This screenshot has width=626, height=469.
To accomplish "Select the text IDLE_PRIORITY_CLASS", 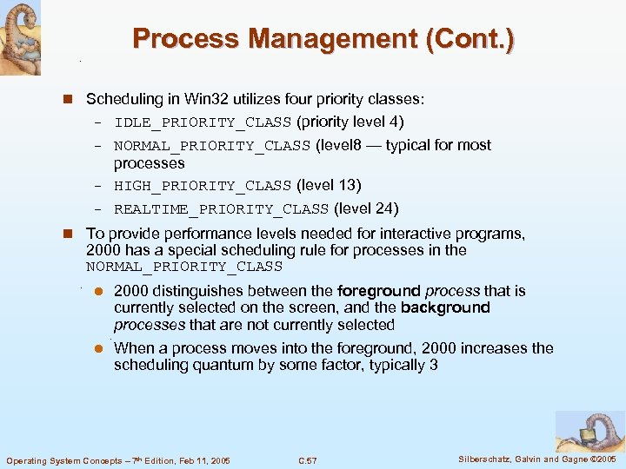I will pyautogui.click(x=202, y=122).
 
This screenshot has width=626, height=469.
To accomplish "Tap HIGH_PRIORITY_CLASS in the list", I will pyautogui.click(x=202, y=186).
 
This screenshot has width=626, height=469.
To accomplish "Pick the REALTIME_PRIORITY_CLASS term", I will pyautogui.click(x=221, y=209).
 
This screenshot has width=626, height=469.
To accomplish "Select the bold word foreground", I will pyautogui.click(x=378, y=291).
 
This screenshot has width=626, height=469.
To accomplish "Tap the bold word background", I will pyautogui.click(x=445, y=307).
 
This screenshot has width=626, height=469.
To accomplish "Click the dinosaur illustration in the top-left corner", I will pyautogui.click(x=20, y=36).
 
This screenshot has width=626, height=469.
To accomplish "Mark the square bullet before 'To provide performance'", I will pyautogui.click(x=74, y=234).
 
